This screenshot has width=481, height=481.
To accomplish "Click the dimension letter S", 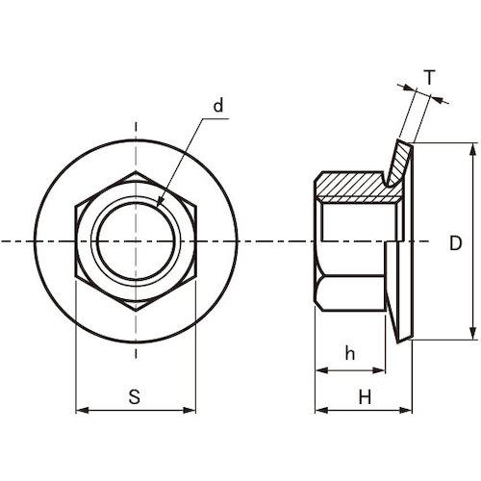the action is click(x=135, y=396).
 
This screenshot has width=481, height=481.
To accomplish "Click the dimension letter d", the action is click(x=218, y=106).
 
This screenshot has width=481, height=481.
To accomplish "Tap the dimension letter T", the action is click(x=430, y=78).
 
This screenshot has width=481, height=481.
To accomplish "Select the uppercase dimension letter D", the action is click(x=455, y=242).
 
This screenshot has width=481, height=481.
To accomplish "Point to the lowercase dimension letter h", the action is click(x=350, y=353).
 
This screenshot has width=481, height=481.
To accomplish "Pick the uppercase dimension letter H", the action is click(x=365, y=397).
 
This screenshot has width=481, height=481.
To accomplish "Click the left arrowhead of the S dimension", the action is click(x=82, y=410).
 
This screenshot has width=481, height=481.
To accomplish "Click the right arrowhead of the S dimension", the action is click(x=189, y=410).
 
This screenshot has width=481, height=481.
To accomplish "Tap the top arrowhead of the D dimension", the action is click(x=472, y=149).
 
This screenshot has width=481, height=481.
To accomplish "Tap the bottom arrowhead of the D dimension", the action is click(x=472, y=333).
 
